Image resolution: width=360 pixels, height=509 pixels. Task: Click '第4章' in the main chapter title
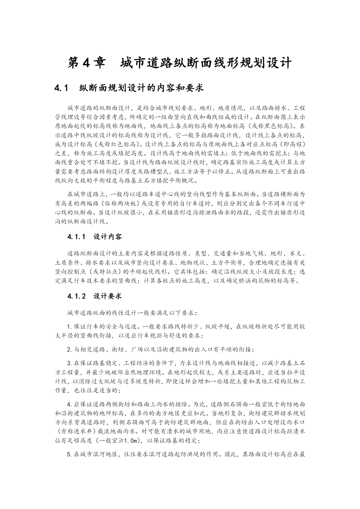(x=86, y=63)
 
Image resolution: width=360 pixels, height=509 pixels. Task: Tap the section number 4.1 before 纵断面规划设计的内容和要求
(x=61, y=88)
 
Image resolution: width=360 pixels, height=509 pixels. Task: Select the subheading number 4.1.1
(x=76, y=237)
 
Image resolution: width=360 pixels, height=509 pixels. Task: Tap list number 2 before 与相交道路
(x=69, y=350)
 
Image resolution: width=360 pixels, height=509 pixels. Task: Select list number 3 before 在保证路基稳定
(x=69, y=363)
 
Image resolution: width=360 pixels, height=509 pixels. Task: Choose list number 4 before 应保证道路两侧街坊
(x=69, y=405)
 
